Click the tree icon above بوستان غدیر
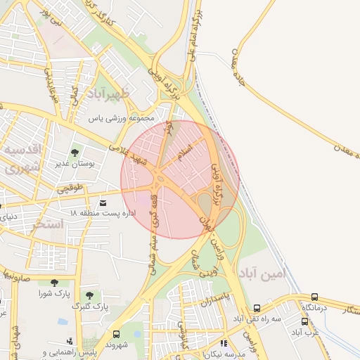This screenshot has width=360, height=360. [x=75, y=153]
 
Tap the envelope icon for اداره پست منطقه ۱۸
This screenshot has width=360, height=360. [x=103, y=202]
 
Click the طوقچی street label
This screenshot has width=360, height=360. [x=70, y=188]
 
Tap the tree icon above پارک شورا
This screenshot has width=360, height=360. [x=54, y=283]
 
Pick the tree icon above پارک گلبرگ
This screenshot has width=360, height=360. [x=89, y=295]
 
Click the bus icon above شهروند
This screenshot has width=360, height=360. [x=116, y=334]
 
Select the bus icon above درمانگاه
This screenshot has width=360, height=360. [x=314, y=297]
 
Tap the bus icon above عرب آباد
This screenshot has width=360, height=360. [x=305, y=321]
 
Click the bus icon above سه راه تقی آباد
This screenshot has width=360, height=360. [x=257, y=308]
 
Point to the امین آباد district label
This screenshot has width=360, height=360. [x=263, y=273]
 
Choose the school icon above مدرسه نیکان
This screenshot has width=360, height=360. [x=224, y=344]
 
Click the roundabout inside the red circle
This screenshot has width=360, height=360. [x=162, y=180]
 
